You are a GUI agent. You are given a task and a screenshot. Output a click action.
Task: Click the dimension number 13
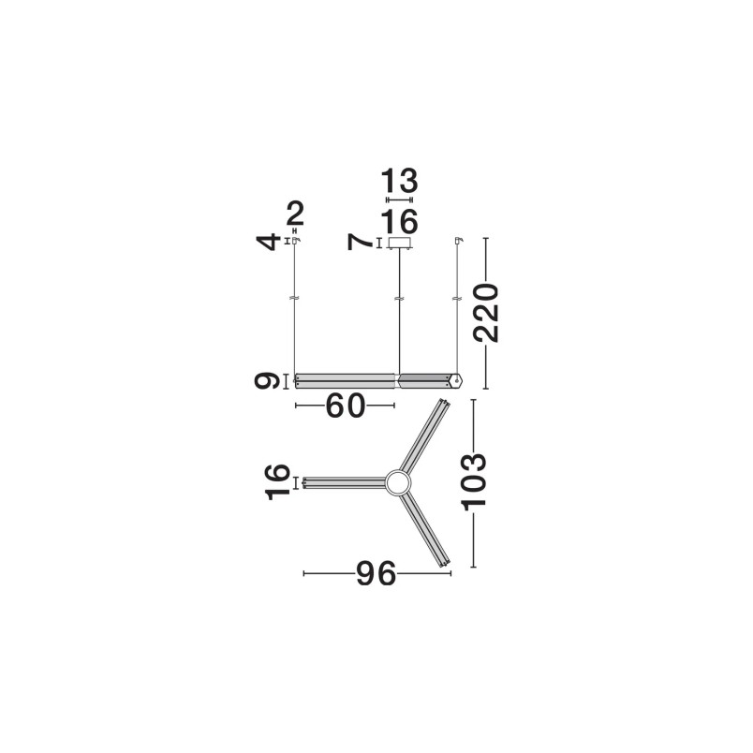coord(400,182)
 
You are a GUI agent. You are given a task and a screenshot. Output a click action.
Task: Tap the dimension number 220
coord(486,313)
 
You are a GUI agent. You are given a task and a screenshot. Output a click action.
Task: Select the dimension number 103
coord(474,481)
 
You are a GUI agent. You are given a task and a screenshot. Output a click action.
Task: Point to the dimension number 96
coord(376,573)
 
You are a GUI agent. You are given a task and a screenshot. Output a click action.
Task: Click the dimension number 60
coord(346,406)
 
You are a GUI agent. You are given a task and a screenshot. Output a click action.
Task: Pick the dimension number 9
coord(267,381)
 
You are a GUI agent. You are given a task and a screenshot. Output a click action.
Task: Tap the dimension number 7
coord(361,243)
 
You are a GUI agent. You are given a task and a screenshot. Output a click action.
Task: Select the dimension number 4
coord(269,241)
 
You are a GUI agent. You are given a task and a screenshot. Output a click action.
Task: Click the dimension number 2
coord(295,214)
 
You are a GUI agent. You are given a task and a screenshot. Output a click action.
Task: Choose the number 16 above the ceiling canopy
coord(400,222)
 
